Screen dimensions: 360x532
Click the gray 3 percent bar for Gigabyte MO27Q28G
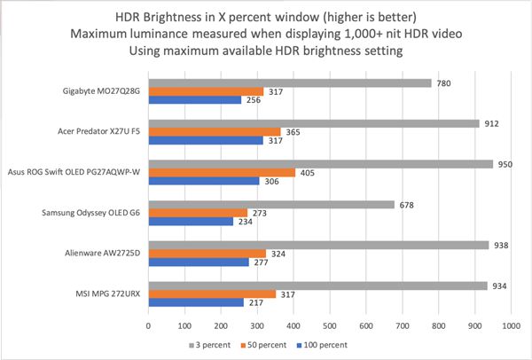coord(289,83)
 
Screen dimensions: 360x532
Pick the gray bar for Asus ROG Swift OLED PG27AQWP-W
coord(320,164)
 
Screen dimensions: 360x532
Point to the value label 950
coord(506,164)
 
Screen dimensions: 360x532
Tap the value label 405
coord(307,172)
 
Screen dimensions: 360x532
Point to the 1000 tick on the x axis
coord(511,326)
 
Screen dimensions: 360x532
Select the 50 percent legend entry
coord(266,344)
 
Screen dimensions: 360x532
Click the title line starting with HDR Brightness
coord(266,16)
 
